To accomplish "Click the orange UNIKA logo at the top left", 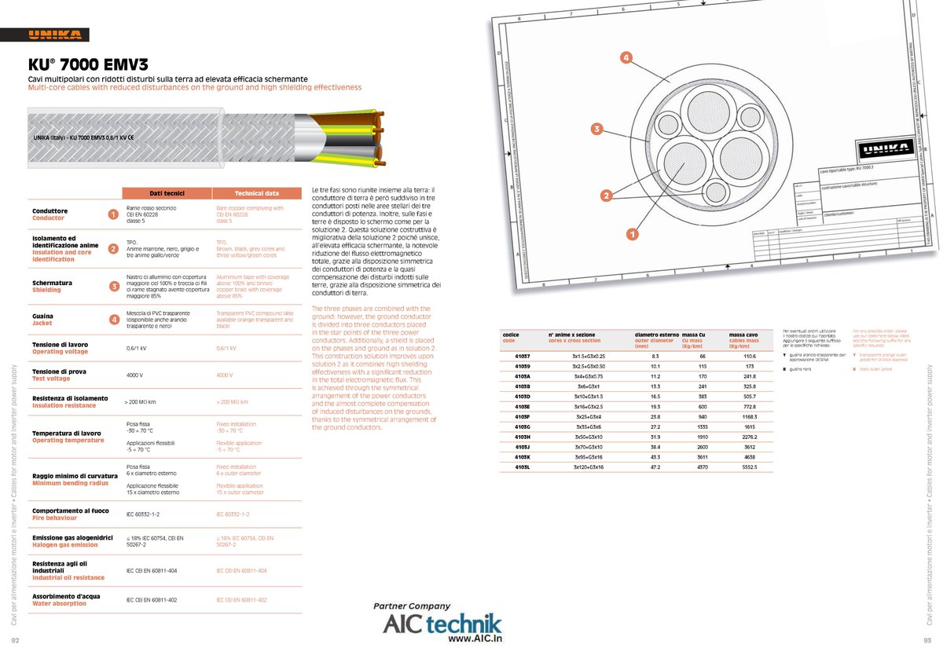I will [x=56, y=35].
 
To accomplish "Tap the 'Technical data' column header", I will [x=257, y=193].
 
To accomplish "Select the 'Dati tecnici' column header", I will [x=167, y=193].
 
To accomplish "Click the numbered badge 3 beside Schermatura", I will [x=113, y=286].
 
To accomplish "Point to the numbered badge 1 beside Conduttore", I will [x=113, y=214].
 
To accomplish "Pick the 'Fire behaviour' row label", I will [x=54, y=518].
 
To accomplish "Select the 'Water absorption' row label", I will [x=59, y=603].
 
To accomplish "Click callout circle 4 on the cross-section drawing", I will [x=626, y=57].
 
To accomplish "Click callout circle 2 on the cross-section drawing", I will [x=607, y=195].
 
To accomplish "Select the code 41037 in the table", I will [x=523, y=356].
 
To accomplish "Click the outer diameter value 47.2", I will [x=655, y=467].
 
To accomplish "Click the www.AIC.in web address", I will [x=475, y=639].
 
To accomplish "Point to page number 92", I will [x=16, y=639].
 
